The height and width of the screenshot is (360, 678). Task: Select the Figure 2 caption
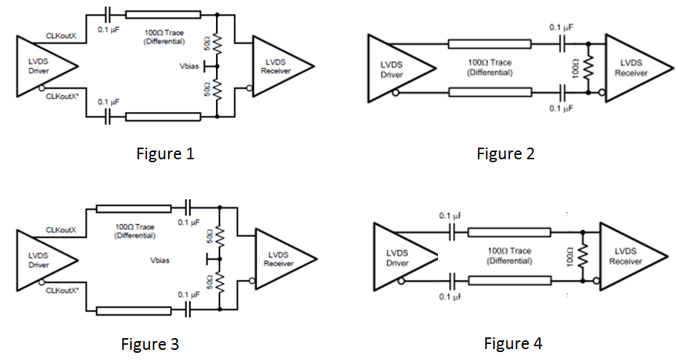click(506, 153)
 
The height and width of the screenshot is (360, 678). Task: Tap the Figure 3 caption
click(150, 343)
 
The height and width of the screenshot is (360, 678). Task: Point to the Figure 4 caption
click(513, 343)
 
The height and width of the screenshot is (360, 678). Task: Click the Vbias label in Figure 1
click(190, 66)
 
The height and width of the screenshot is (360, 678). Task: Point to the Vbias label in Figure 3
click(161, 260)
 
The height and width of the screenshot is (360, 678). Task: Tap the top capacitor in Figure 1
click(108, 15)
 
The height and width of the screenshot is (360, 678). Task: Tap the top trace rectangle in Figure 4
click(509, 233)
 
